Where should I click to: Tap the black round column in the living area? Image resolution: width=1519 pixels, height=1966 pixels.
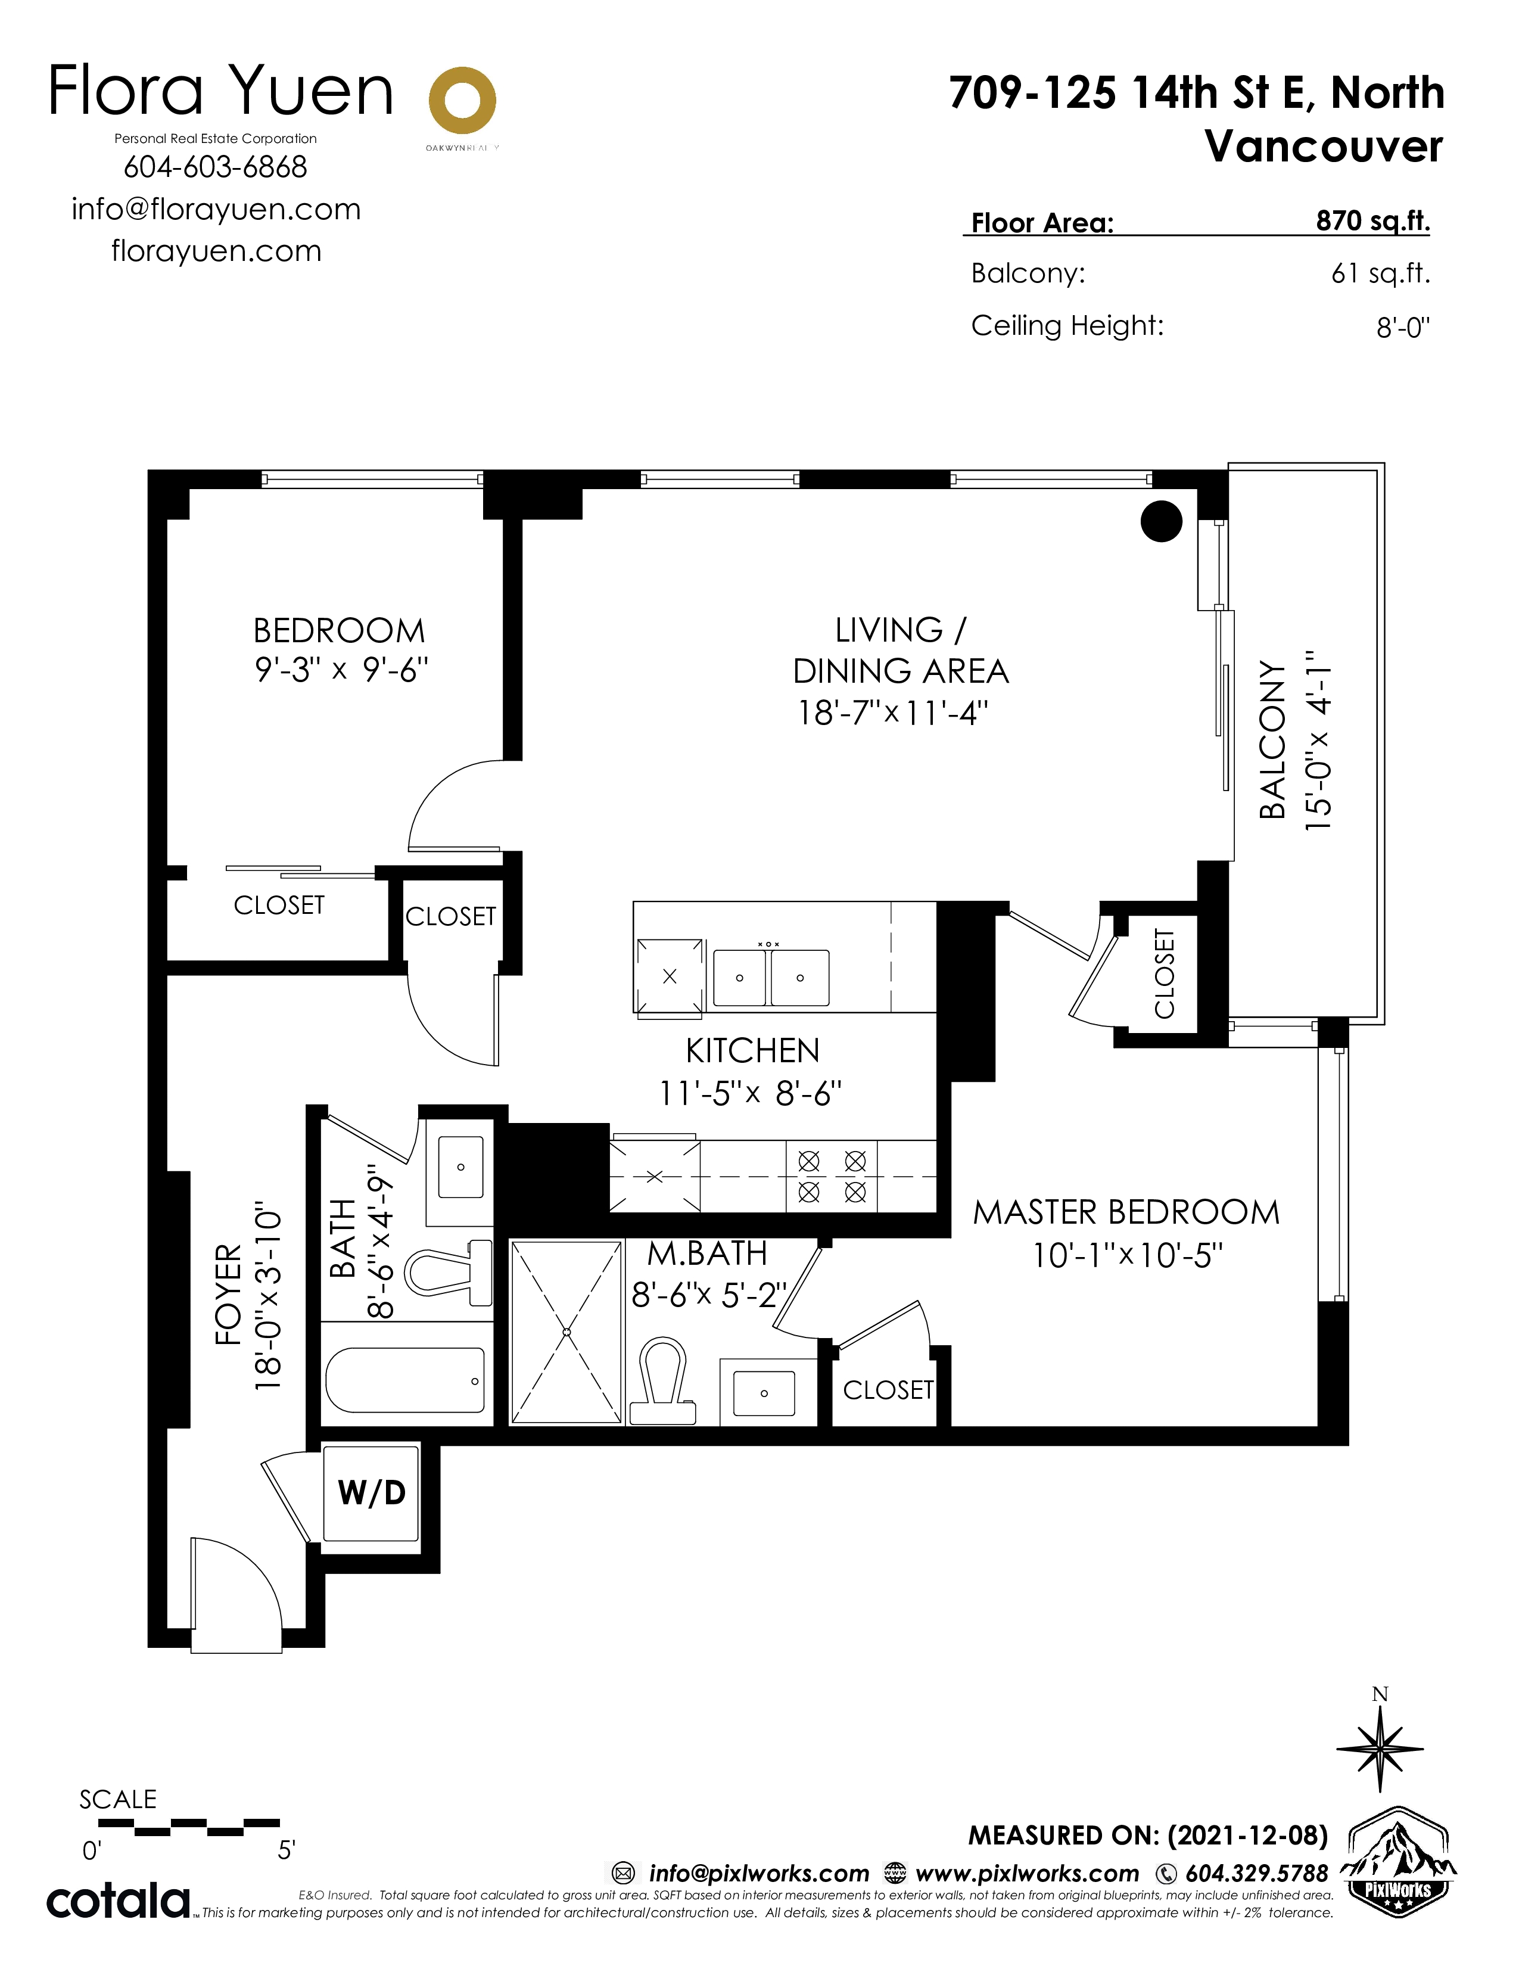click(1161, 521)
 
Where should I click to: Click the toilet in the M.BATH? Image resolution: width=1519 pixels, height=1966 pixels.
click(662, 1382)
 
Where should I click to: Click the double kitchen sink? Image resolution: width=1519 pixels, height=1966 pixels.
click(770, 976)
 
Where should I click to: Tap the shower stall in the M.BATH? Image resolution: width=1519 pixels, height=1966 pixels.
click(566, 1332)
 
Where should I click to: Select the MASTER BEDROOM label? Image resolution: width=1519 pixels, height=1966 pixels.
click(1126, 1212)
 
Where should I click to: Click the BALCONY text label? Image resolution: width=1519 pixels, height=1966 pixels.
click(1272, 739)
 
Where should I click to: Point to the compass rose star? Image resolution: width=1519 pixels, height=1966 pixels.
click(1380, 1749)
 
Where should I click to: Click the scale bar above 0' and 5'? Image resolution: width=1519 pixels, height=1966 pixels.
click(188, 1827)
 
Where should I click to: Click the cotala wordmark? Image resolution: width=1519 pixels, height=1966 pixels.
click(118, 1900)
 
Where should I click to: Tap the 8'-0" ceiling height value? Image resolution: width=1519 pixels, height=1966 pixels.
click(1403, 326)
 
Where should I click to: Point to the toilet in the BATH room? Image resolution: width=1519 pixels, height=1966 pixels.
click(448, 1272)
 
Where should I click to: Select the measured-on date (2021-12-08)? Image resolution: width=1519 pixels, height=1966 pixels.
click(1247, 1836)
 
